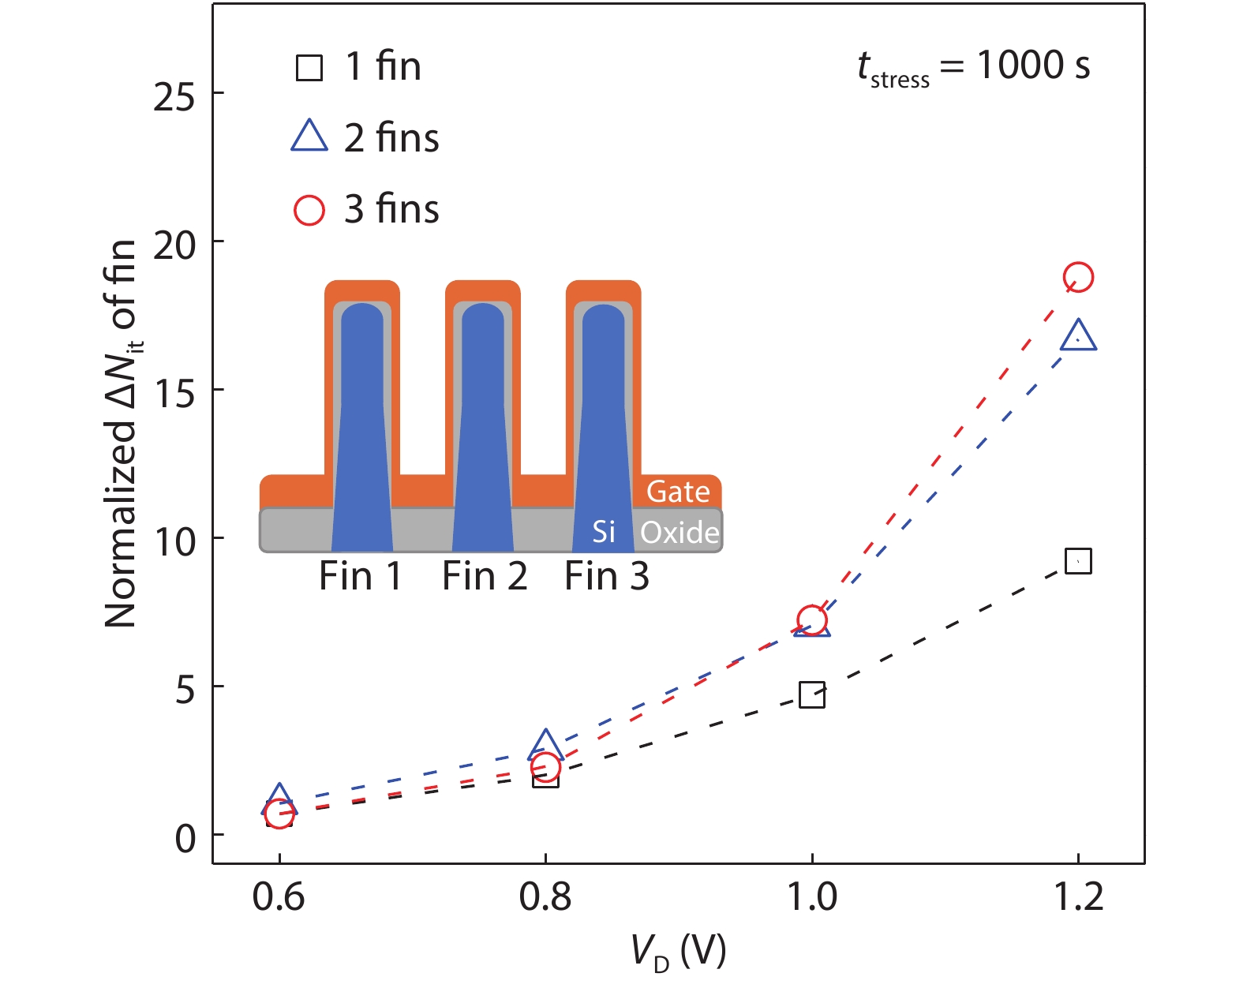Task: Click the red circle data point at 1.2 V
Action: point(1078,277)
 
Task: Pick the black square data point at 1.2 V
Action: point(1078,561)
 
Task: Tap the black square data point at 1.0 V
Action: point(812,695)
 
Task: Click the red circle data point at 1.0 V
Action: point(812,620)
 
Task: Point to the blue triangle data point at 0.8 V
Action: point(545,745)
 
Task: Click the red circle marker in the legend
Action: point(309,210)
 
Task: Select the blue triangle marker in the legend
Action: point(309,137)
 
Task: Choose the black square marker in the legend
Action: point(309,68)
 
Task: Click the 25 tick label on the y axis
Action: point(174,97)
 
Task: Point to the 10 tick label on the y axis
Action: point(174,541)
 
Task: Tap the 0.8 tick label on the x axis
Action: point(545,897)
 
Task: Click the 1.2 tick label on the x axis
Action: point(1079,897)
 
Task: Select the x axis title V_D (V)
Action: point(679,952)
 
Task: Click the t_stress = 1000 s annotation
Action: point(974,66)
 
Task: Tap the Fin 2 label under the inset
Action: point(484,576)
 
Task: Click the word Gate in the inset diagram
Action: point(678,492)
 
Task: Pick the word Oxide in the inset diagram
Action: point(680,533)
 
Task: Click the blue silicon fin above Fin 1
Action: point(362,426)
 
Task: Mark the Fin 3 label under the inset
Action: point(606,576)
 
